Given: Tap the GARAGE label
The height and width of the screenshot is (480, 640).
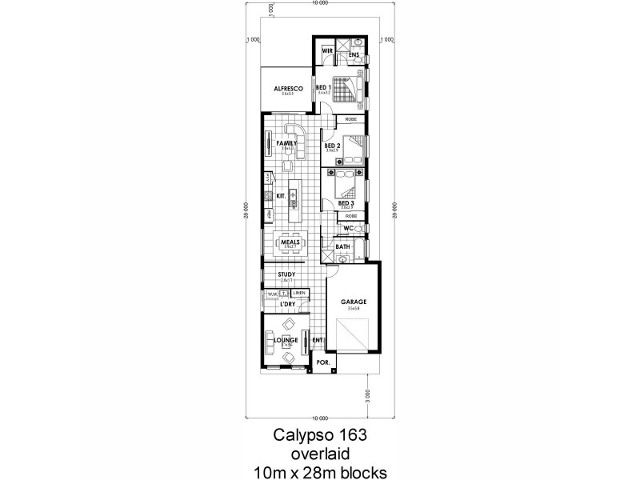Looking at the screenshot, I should coord(354,302).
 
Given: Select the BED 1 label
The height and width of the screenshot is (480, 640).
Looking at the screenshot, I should coord(323,87).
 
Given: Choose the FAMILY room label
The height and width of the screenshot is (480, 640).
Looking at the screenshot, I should coord(286,143).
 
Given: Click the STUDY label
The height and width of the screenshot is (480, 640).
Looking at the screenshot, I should coord(286,275).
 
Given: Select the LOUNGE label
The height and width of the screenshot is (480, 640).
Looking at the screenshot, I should coord(286,340).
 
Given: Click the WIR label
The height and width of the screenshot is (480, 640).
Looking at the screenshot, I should coord(327,50).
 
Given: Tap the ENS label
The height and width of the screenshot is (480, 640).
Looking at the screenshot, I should coord(354,54).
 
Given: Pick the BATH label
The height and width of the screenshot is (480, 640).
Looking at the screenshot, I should coord(342,247).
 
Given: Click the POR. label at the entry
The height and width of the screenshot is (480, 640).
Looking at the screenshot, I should coord(322,362).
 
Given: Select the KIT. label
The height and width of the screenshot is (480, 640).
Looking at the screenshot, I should coord(281,195).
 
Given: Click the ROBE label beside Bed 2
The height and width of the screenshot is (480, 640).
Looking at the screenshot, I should coord(351,119).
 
